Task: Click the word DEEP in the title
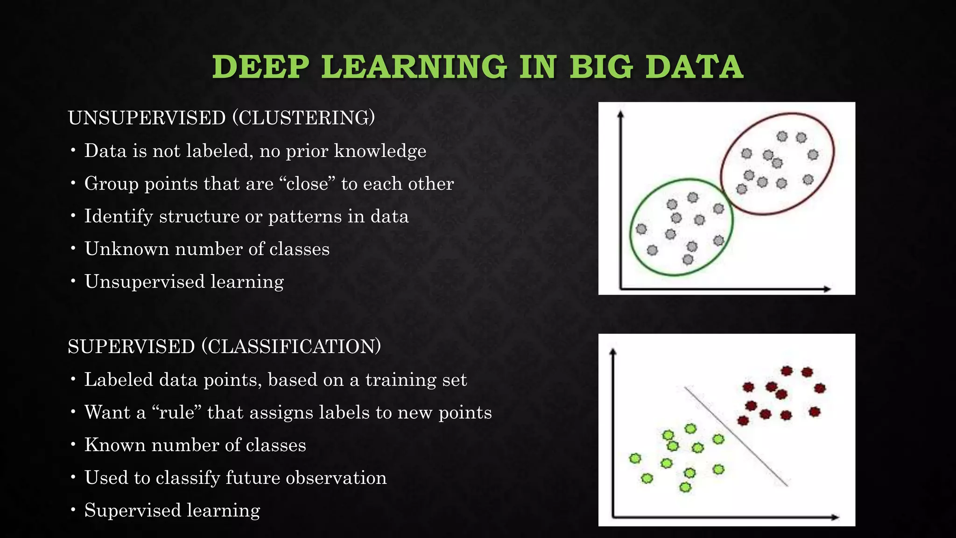(x=260, y=67)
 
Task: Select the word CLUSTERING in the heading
(x=303, y=118)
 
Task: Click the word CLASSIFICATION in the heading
(x=291, y=347)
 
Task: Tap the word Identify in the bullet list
(x=119, y=217)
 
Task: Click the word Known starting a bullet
(x=115, y=445)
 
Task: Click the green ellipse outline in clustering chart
(x=631, y=229)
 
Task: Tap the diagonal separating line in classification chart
(x=737, y=437)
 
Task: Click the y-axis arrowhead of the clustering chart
(x=620, y=114)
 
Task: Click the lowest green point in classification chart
(x=685, y=487)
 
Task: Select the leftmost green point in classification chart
(x=635, y=458)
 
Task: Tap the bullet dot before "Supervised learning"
(x=73, y=510)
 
